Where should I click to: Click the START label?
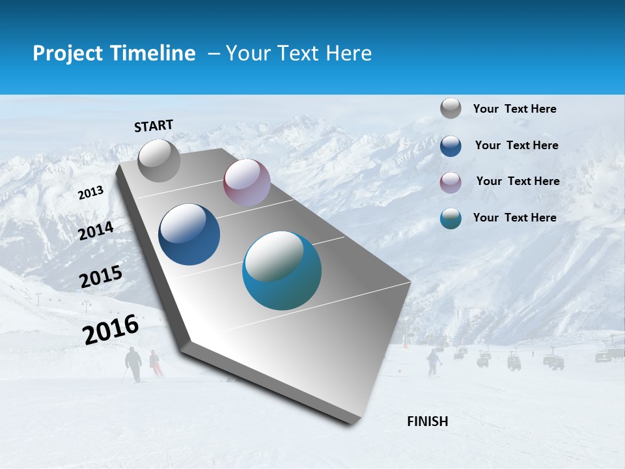click(154, 126)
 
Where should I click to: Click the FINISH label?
click(427, 421)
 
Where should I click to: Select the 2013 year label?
click(90, 192)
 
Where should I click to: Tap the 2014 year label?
click(96, 231)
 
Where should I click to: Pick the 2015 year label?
click(101, 277)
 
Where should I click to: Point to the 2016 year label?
click(111, 329)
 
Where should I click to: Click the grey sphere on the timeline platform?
click(160, 160)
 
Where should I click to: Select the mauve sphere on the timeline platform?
click(247, 182)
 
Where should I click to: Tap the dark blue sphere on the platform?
click(189, 234)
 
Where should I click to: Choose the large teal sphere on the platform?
click(282, 270)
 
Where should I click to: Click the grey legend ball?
click(451, 108)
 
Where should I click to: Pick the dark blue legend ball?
click(451, 146)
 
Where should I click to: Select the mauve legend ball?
click(451, 182)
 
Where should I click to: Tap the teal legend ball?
click(451, 218)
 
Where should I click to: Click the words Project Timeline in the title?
click(114, 53)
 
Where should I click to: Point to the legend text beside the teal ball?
click(514, 218)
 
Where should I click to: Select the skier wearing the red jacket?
click(155, 363)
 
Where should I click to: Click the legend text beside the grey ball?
click(514, 109)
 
